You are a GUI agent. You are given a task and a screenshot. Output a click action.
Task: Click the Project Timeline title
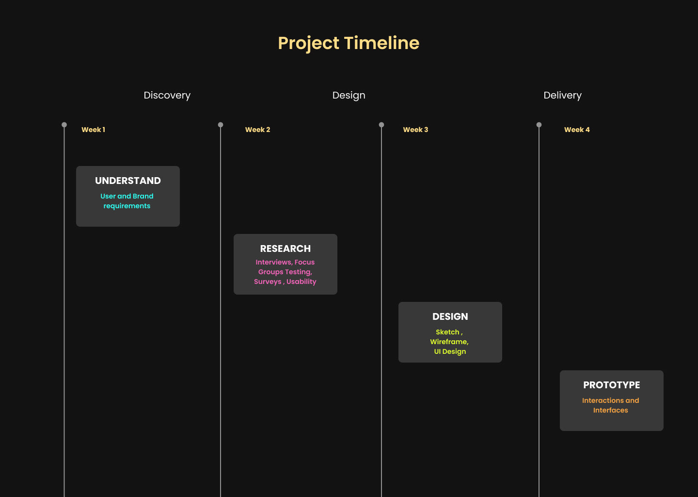coord(349,43)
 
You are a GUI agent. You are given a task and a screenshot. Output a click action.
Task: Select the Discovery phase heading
coord(167,95)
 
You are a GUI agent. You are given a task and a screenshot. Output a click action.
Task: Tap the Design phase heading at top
coord(349,95)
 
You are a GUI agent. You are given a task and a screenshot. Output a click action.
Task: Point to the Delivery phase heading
coord(562,95)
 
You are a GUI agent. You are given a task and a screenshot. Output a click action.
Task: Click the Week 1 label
coord(93,130)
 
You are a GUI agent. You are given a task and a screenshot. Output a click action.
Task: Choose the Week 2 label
coord(257,130)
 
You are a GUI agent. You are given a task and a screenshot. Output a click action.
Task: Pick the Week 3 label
coord(415,130)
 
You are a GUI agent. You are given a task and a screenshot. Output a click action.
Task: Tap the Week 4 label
coord(577,130)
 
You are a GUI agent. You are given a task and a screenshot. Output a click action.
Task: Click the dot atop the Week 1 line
coord(64,125)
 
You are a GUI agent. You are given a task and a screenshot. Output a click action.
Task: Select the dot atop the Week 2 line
coord(220,125)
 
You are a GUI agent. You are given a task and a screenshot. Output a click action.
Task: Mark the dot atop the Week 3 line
coord(381,125)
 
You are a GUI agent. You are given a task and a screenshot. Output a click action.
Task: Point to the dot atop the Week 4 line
coord(539,125)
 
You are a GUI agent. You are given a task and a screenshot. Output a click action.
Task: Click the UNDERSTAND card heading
coord(128,181)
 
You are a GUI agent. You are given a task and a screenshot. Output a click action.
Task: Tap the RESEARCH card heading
coord(286,248)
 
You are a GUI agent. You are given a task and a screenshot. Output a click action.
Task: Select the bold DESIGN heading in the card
coord(450,316)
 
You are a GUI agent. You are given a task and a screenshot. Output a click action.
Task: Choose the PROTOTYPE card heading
coord(611,385)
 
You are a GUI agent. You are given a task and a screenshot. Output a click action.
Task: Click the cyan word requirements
coord(127,206)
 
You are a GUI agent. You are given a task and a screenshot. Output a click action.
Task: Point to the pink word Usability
coord(301,282)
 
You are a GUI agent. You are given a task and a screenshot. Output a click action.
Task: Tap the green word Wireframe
coord(449,342)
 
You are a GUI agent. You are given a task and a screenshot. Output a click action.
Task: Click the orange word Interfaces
coord(610,410)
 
